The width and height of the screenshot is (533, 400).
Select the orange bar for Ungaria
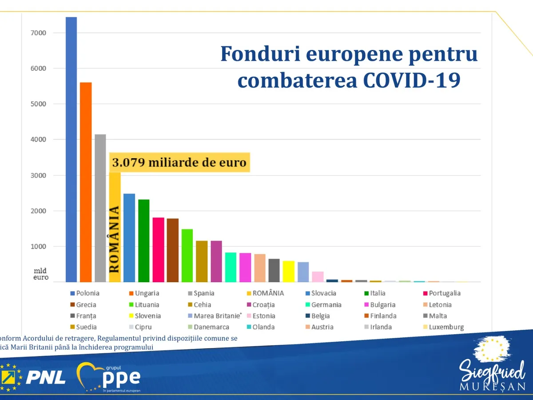tap(86, 182)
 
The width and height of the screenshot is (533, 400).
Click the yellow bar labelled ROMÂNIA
tap(115, 227)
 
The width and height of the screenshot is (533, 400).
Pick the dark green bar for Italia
tap(143, 240)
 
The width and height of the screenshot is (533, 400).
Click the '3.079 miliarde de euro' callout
tap(179, 163)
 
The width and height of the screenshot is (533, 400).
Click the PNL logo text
tap(45, 378)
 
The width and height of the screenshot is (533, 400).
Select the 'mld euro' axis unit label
tap(41, 274)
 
